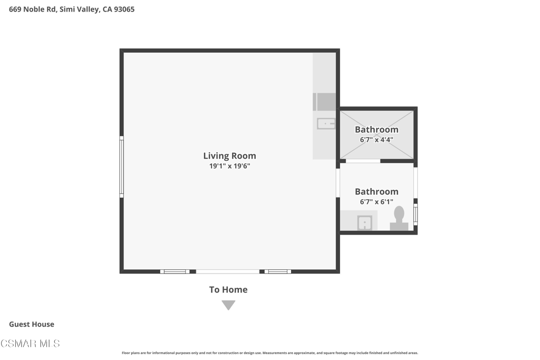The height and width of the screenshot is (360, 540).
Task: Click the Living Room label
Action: click(229, 156)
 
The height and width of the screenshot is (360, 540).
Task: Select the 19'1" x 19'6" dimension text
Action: click(229, 166)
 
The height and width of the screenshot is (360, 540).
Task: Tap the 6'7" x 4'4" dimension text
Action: click(377, 140)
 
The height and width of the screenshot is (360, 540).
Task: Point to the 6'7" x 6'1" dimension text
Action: click(377, 202)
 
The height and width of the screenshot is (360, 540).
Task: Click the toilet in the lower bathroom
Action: click(399, 219)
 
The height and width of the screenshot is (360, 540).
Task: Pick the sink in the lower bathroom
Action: click(364, 222)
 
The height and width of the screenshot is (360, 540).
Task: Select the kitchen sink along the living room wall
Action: click(326, 123)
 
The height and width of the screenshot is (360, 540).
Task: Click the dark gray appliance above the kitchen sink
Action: click(324, 102)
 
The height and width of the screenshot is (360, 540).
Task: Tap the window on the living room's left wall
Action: click(122, 167)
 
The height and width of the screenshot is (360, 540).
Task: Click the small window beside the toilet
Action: click(416, 215)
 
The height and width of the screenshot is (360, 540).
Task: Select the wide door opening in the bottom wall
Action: click(228, 271)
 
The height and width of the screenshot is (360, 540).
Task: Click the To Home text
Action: click(228, 290)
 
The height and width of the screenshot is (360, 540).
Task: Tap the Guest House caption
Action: click(31, 324)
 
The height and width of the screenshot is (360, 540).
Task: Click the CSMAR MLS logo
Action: click(30, 344)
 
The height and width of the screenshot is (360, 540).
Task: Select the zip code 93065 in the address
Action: click(124, 9)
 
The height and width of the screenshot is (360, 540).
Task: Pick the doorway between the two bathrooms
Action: click(363, 161)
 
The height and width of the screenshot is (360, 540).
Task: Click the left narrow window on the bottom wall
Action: click(175, 271)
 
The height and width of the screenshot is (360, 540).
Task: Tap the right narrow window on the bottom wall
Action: click(277, 271)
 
